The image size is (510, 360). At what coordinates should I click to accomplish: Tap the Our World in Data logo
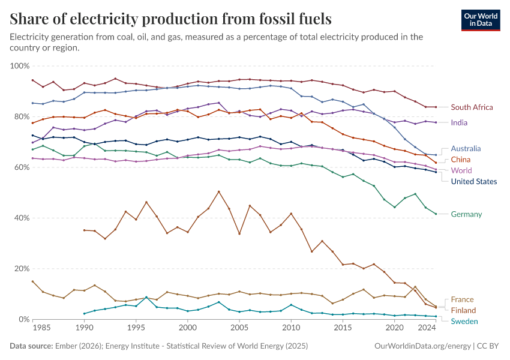480,20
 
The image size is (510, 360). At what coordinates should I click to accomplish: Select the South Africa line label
472,107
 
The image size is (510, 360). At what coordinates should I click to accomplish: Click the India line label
459,122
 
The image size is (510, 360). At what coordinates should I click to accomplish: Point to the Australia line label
466,148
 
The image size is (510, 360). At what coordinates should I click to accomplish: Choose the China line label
461,160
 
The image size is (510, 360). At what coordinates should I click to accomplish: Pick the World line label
461,170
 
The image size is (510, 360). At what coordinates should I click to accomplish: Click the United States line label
474,182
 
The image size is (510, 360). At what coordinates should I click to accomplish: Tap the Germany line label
466,214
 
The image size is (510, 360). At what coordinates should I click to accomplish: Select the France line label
462,299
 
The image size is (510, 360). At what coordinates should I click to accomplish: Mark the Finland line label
463,310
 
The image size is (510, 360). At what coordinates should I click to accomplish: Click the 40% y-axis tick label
22,218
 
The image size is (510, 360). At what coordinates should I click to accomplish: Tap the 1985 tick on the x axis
41,328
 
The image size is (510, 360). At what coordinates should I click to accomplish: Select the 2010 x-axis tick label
291,328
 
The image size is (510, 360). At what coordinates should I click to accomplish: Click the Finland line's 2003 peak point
218,191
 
